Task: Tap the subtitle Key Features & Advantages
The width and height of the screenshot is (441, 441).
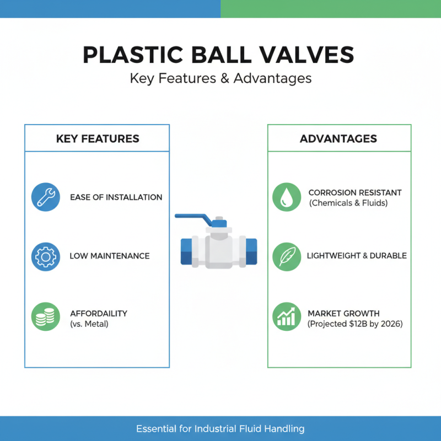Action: click(x=220, y=78)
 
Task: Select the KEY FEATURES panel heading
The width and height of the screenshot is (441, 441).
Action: click(x=98, y=138)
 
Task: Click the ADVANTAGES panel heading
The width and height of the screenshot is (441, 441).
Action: click(x=338, y=138)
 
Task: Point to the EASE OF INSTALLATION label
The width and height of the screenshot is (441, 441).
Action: click(x=116, y=197)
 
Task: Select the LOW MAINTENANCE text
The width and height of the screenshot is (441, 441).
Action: click(x=110, y=256)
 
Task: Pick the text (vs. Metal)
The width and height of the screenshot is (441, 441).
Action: click(x=89, y=324)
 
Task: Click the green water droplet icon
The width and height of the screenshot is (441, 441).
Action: click(x=287, y=197)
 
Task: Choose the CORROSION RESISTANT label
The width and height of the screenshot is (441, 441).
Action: click(x=355, y=192)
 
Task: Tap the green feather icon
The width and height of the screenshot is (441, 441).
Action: click(x=287, y=256)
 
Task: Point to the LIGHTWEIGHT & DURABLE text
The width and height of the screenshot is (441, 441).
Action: click(x=357, y=256)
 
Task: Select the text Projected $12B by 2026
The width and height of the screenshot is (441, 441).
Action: click(x=355, y=324)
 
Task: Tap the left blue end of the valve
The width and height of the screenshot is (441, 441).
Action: click(x=188, y=251)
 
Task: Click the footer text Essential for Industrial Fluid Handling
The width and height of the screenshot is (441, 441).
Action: click(x=220, y=428)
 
